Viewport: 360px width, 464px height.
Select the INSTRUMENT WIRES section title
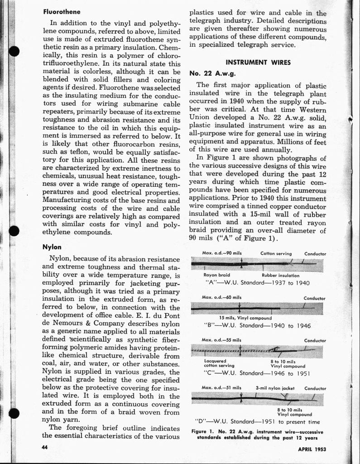[x=258, y=62]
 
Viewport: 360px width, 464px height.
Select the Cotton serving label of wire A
[x=276, y=253]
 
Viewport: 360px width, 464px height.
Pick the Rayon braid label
[x=217, y=275]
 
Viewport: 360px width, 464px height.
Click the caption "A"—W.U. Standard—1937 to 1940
[x=257, y=282]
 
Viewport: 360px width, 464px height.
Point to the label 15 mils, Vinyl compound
[x=245, y=318]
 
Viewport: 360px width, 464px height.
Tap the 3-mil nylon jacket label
[x=275, y=388]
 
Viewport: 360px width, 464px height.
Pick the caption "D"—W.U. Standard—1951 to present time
[x=257, y=422]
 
